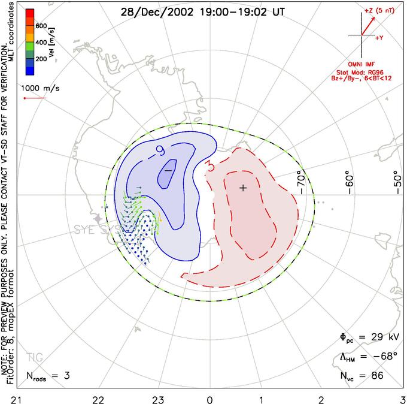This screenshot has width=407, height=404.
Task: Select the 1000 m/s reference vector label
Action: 41,87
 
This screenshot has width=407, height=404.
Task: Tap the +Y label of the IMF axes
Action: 379,37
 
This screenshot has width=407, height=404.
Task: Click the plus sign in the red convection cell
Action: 243,188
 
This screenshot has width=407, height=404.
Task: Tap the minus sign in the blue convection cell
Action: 168,171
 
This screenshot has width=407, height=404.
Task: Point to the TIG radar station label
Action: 35,358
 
